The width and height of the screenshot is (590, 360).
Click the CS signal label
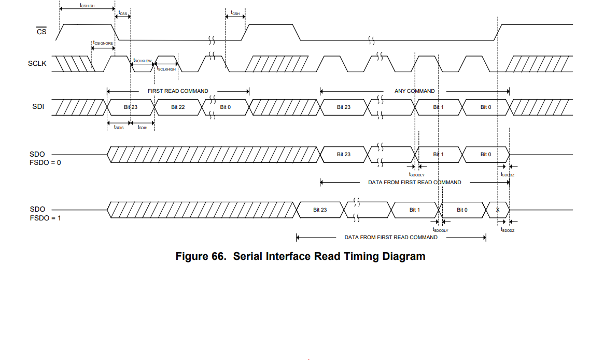(x=41, y=32)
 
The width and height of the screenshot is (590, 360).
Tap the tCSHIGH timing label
(x=87, y=5)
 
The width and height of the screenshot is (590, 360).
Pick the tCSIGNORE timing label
(x=103, y=43)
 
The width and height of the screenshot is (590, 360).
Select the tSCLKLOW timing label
(x=143, y=61)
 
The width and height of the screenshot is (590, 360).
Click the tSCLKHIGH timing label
(x=167, y=68)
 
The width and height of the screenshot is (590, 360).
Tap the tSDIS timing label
(x=119, y=127)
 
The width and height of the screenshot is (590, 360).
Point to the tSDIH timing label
(x=143, y=127)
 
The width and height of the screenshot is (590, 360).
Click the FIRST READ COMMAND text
(x=178, y=91)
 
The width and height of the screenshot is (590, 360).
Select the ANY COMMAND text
(x=415, y=91)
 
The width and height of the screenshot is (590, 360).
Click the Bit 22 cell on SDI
(x=178, y=107)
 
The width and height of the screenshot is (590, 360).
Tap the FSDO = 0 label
(x=45, y=163)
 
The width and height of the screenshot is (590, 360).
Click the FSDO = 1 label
(x=45, y=218)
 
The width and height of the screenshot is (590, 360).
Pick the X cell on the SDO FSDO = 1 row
(x=498, y=210)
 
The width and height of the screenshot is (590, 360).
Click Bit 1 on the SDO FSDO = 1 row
(x=414, y=210)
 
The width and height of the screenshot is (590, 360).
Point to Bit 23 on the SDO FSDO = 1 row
(x=320, y=210)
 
